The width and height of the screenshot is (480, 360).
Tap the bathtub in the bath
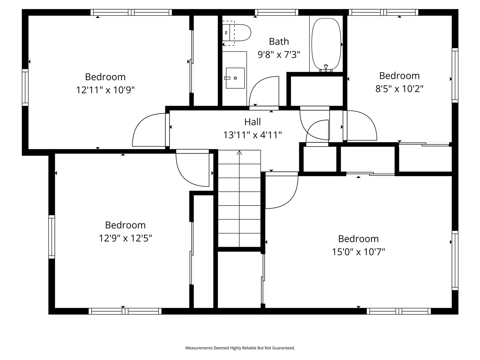(326, 43)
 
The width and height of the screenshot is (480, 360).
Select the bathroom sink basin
(235, 78)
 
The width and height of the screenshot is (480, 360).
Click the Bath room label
(279, 41)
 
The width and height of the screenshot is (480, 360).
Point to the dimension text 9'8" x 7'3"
(279, 55)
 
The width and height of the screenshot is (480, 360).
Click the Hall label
(252, 121)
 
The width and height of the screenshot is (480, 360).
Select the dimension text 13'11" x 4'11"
(252, 135)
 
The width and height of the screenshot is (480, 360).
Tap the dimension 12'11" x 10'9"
(105, 90)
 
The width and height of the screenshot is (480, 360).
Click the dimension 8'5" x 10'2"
(399, 89)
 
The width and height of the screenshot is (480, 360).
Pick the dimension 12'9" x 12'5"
(125, 238)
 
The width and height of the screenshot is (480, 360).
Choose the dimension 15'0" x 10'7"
(358, 252)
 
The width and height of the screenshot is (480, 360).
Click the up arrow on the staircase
(239, 153)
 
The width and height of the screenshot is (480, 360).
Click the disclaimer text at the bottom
(240, 348)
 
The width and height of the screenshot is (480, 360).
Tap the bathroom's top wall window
(277, 12)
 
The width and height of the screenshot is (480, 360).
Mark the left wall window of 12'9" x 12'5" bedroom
(52, 237)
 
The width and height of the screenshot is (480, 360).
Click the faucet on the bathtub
(326, 68)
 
